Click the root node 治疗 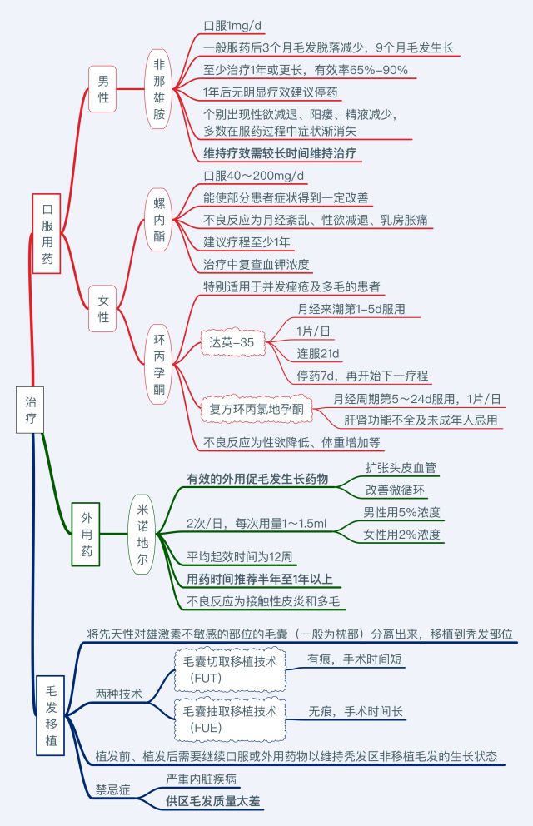pos(31,410)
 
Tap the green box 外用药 pos(87,534)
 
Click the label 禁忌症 pos(112,788)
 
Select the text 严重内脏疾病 pos(202,779)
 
